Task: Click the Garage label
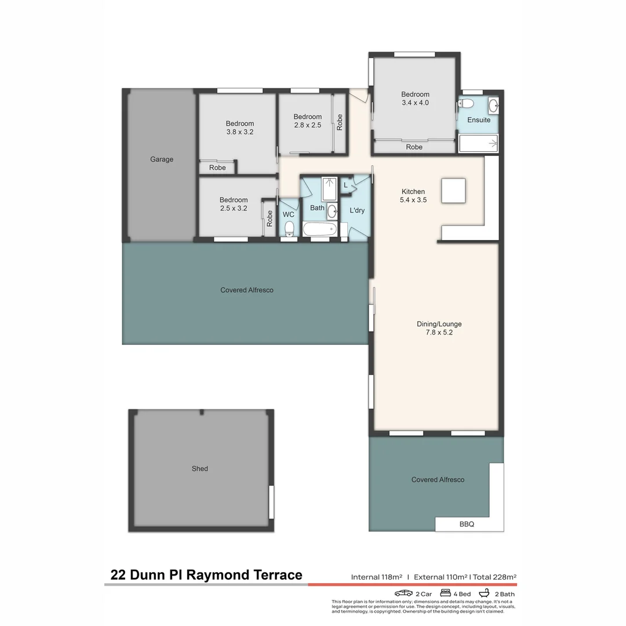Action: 162,159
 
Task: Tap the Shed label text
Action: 200,468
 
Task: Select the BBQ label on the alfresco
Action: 467,524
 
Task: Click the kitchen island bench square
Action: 453,191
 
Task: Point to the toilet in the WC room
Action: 290,228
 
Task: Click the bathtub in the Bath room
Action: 319,229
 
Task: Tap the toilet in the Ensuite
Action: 465,104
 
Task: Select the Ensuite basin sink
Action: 493,105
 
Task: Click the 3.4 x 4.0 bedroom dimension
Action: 415,103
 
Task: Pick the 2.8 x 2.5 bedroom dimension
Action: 307,125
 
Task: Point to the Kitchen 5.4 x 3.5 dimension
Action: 413,200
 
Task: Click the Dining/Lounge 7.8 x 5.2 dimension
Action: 439,333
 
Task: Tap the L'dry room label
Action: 357,210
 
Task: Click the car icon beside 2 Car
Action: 403,594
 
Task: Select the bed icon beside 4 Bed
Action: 446,594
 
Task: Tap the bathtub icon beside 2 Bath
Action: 484,594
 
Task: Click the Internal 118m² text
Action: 376,577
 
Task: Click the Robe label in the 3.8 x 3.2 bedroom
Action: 217,168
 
